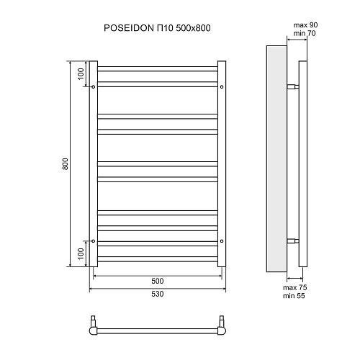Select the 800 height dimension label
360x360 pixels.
coord(66,164)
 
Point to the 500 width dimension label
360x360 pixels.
coord(158,281)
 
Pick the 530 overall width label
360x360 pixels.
coord(158,294)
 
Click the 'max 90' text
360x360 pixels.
coord(305,26)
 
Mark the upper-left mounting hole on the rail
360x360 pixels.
coord(94,87)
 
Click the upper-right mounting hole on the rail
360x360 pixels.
coord(222,87)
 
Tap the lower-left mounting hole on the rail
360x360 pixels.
coord(94,240)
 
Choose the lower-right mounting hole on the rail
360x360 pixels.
coord(222,240)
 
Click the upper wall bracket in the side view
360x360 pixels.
coord(292,87)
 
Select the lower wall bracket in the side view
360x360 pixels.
coord(292,240)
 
